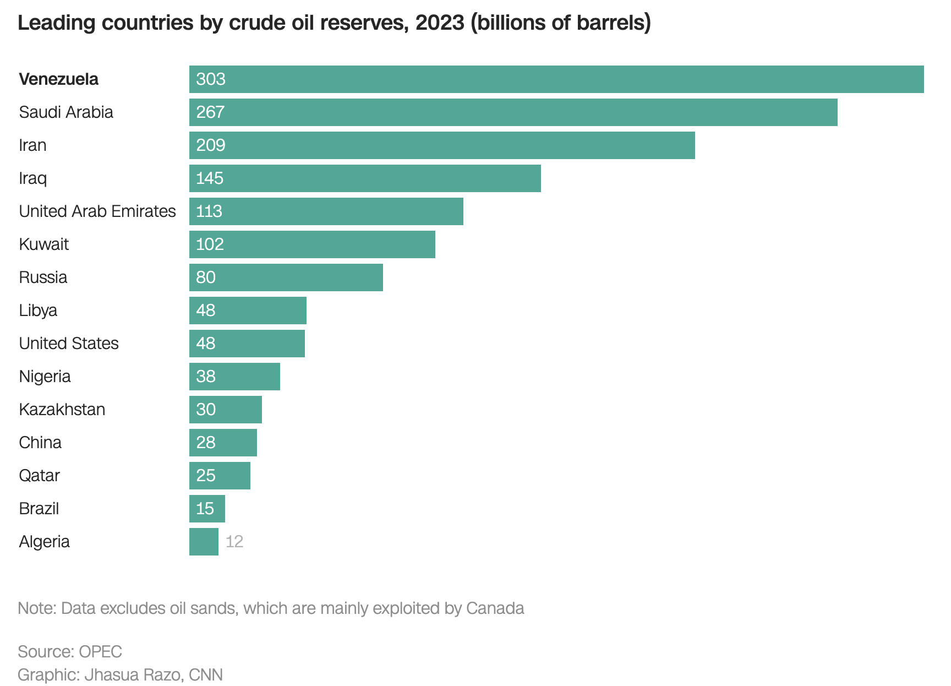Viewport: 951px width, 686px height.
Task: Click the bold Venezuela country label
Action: coord(59,79)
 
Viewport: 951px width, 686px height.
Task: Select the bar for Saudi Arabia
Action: coord(513,112)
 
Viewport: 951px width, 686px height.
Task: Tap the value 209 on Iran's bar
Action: coord(211,145)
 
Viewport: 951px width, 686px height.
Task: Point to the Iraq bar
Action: coord(365,178)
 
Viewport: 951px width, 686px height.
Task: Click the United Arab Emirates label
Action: coord(97,211)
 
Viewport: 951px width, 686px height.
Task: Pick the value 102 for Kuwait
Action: coord(210,244)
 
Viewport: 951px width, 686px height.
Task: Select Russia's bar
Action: coord(286,277)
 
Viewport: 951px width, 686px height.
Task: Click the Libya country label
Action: coord(38,311)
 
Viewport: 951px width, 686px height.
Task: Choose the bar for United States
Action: coord(247,344)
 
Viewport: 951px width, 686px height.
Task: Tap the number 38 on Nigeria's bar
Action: coord(206,377)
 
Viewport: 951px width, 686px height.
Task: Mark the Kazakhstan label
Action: coord(62,410)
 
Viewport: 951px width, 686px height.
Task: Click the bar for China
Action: coord(223,443)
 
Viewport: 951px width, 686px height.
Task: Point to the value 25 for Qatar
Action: coord(206,476)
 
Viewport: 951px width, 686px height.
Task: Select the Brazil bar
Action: coord(207,509)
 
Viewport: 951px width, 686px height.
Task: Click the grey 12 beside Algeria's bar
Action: coord(234,542)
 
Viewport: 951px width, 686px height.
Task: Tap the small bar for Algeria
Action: coord(204,542)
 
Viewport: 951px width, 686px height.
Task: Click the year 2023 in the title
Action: coord(440,23)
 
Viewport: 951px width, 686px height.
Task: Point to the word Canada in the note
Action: coord(495,608)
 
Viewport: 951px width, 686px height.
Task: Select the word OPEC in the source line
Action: coord(100,652)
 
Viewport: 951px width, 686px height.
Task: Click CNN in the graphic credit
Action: coord(205,675)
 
